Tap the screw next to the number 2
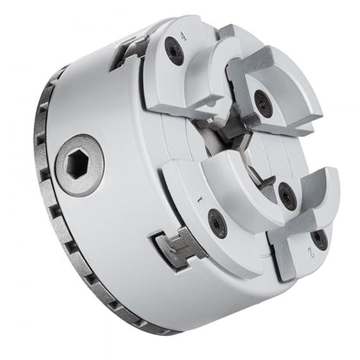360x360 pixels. pos(319,238)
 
